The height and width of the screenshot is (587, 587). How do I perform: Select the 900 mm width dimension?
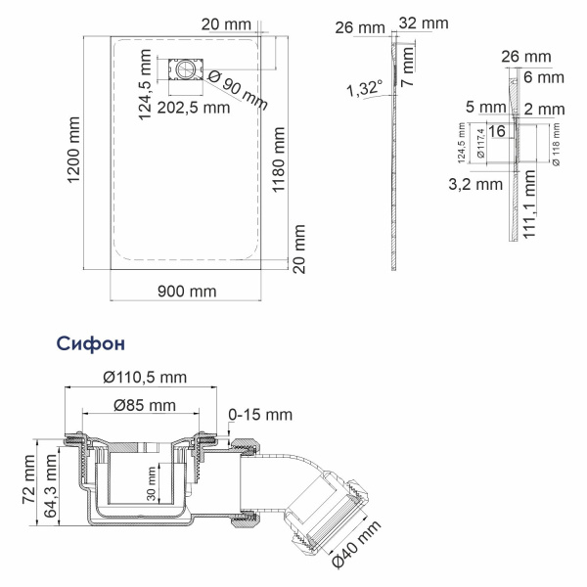click(186, 291)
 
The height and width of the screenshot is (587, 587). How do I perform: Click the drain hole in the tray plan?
click(183, 71)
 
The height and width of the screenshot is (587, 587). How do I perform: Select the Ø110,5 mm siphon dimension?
click(145, 378)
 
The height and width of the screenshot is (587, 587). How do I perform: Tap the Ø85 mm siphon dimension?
click(144, 404)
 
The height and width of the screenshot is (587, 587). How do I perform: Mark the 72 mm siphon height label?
click(30, 482)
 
